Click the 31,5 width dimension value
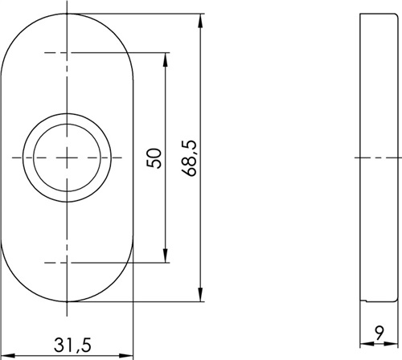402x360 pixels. [x=72, y=345]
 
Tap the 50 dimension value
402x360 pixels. [x=154, y=158]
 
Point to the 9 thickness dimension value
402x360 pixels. [x=379, y=333]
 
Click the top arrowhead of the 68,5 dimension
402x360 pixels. [x=200, y=21]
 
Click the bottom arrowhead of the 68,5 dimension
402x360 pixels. [x=200, y=294]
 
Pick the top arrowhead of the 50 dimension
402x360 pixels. [x=166, y=60]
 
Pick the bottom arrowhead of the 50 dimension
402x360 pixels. [x=166, y=256]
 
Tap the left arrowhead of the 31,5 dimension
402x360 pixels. [x=9, y=356]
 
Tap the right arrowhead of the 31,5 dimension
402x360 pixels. [x=126, y=356]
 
